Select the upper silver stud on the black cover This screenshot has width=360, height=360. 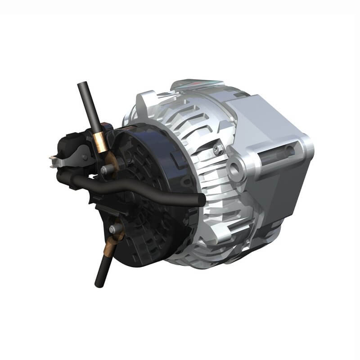[106, 170]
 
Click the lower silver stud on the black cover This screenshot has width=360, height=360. [114, 229]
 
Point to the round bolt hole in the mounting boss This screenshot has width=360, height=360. [234, 171]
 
